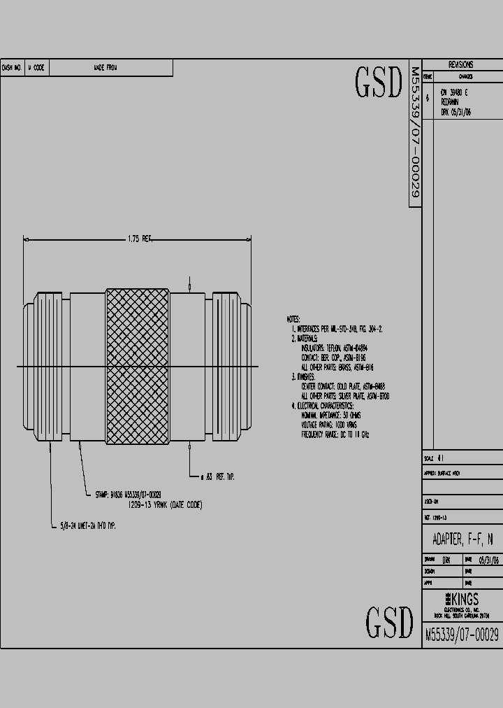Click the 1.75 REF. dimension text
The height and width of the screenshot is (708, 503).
point(139,239)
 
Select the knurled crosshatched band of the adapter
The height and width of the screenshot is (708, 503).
point(137,366)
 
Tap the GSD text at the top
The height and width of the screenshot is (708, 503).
point(379,83)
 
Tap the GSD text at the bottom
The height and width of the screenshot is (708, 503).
point(390,622)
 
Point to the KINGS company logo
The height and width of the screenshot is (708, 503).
point(462,599)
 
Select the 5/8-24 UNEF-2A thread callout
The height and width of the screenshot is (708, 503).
point(87,525)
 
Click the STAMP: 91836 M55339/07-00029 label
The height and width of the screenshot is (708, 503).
point(138,495)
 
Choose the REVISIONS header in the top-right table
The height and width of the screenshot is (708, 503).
point(462,64)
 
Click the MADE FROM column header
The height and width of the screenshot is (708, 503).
point(105,68)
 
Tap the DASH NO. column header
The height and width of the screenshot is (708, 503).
point(12,68)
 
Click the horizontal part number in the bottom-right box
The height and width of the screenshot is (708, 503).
point(462,635)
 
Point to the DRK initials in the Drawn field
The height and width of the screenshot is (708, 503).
point(446,560)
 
